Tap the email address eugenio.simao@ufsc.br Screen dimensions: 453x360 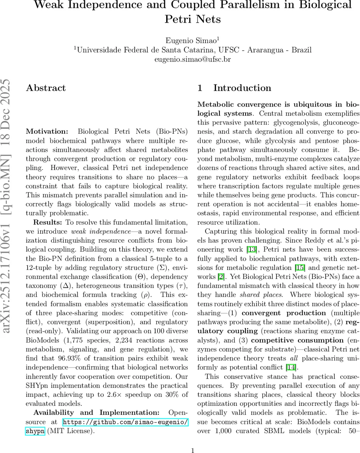tap(193, 59)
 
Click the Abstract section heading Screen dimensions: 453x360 tap(46, 88)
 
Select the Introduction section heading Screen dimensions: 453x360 tap(242, 88)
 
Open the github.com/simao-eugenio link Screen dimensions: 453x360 tap(125, 422)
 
